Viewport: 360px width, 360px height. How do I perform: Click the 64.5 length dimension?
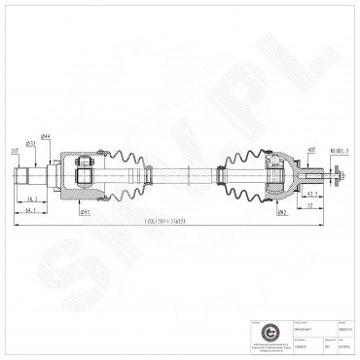point(31,208)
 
